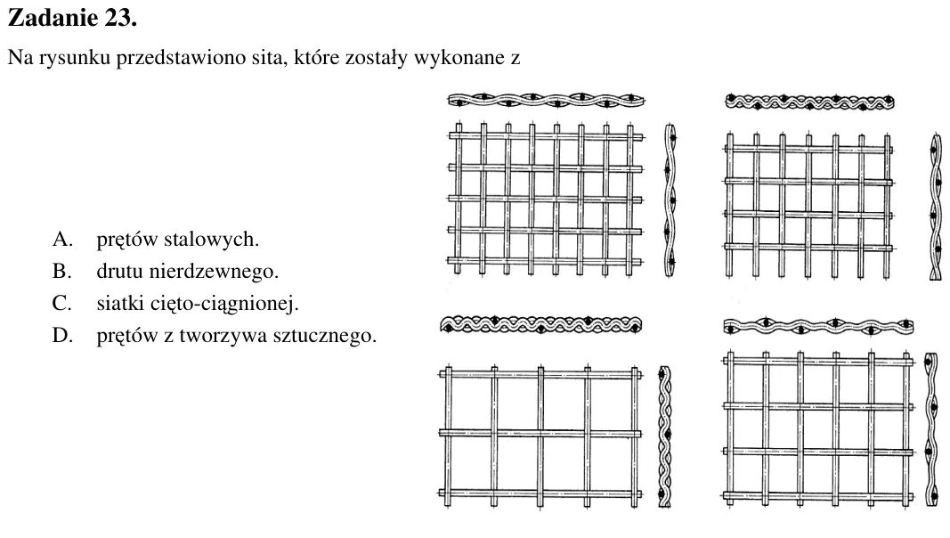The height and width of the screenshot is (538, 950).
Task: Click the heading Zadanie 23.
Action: pyautogui.click(x=72, y=18)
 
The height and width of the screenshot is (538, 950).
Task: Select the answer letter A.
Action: pyautogui.click(x=62, y=240)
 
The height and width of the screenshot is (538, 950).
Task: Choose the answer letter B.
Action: pyautogui.click(x=61, y=271)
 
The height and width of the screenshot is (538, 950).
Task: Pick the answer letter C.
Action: pyautogui.click(x=61, y=303)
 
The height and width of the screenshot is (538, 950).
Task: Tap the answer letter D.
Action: pyautogui.click(x=62, y=335)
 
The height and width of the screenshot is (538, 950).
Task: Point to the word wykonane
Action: pyautogui.click(x=459, y=58)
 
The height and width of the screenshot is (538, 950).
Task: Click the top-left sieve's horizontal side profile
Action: pyautogui.click(x=546, y=100)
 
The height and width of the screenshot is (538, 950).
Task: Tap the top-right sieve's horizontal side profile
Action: pyautogui.click(x=810, y=102)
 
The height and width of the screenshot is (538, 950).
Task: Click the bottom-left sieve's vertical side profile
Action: pyautogui.click(x=664, y=436)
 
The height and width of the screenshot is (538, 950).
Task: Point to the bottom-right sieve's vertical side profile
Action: pyautogui.click(x=930, y=429)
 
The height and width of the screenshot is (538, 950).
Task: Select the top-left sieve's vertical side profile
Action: pyautogui.click(x=670, y=200)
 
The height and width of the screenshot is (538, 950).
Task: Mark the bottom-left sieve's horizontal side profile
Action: pyautogui.click(x=541, y=325)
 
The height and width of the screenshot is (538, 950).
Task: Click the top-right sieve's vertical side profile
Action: pyautogui.click(x=936, y=207)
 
